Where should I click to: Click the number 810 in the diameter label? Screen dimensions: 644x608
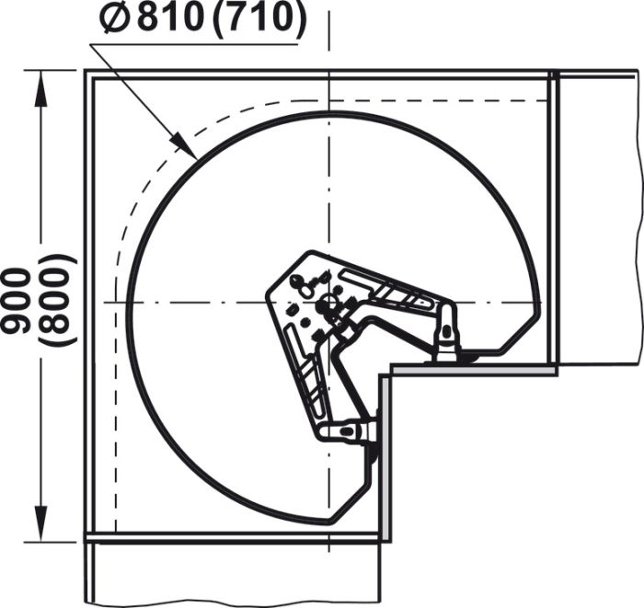tap(170, 18)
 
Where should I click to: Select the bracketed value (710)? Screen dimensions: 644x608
tap(259, 19)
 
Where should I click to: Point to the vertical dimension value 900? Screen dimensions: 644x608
tap(17, 300)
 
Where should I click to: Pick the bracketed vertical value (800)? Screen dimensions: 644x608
tap(57, 300)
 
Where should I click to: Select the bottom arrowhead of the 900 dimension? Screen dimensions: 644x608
tap(40, 524)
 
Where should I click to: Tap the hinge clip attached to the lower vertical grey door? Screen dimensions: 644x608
tap(349, 432)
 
